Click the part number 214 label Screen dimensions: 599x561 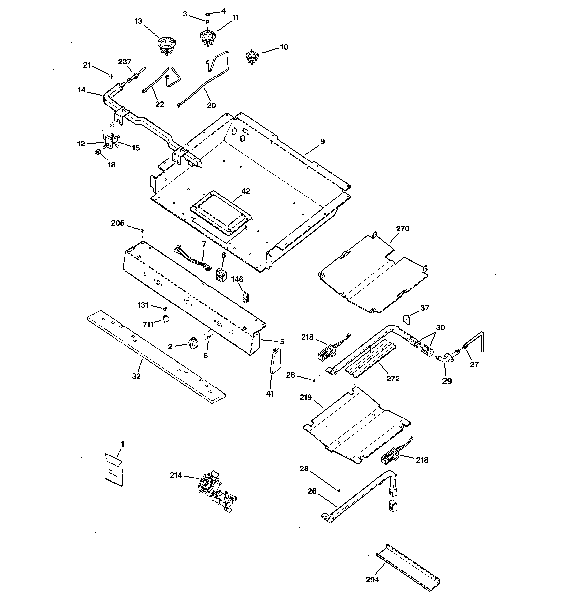[176, 475]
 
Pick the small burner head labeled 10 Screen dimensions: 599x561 [252, 57]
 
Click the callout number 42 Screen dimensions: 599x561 [246, 191]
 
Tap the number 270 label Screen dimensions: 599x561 [403, 229]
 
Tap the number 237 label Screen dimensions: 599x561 [125, 61]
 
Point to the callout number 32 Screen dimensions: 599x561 [136, 376]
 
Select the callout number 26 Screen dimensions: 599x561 [312, 491]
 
